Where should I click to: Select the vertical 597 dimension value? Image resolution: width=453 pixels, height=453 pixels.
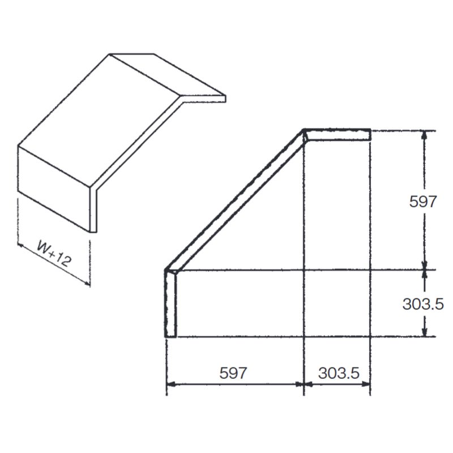point(422,202)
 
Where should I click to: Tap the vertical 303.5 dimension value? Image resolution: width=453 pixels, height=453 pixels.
point(423,304)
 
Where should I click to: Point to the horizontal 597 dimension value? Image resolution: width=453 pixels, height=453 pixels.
point(233,373)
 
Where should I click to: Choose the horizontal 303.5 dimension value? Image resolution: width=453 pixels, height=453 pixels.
point(339,373)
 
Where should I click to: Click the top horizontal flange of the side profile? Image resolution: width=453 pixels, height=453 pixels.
point(337,135)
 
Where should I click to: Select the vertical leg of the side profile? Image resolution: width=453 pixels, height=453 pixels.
point(170,304)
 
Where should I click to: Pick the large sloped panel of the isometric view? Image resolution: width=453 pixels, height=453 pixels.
point(100,120)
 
